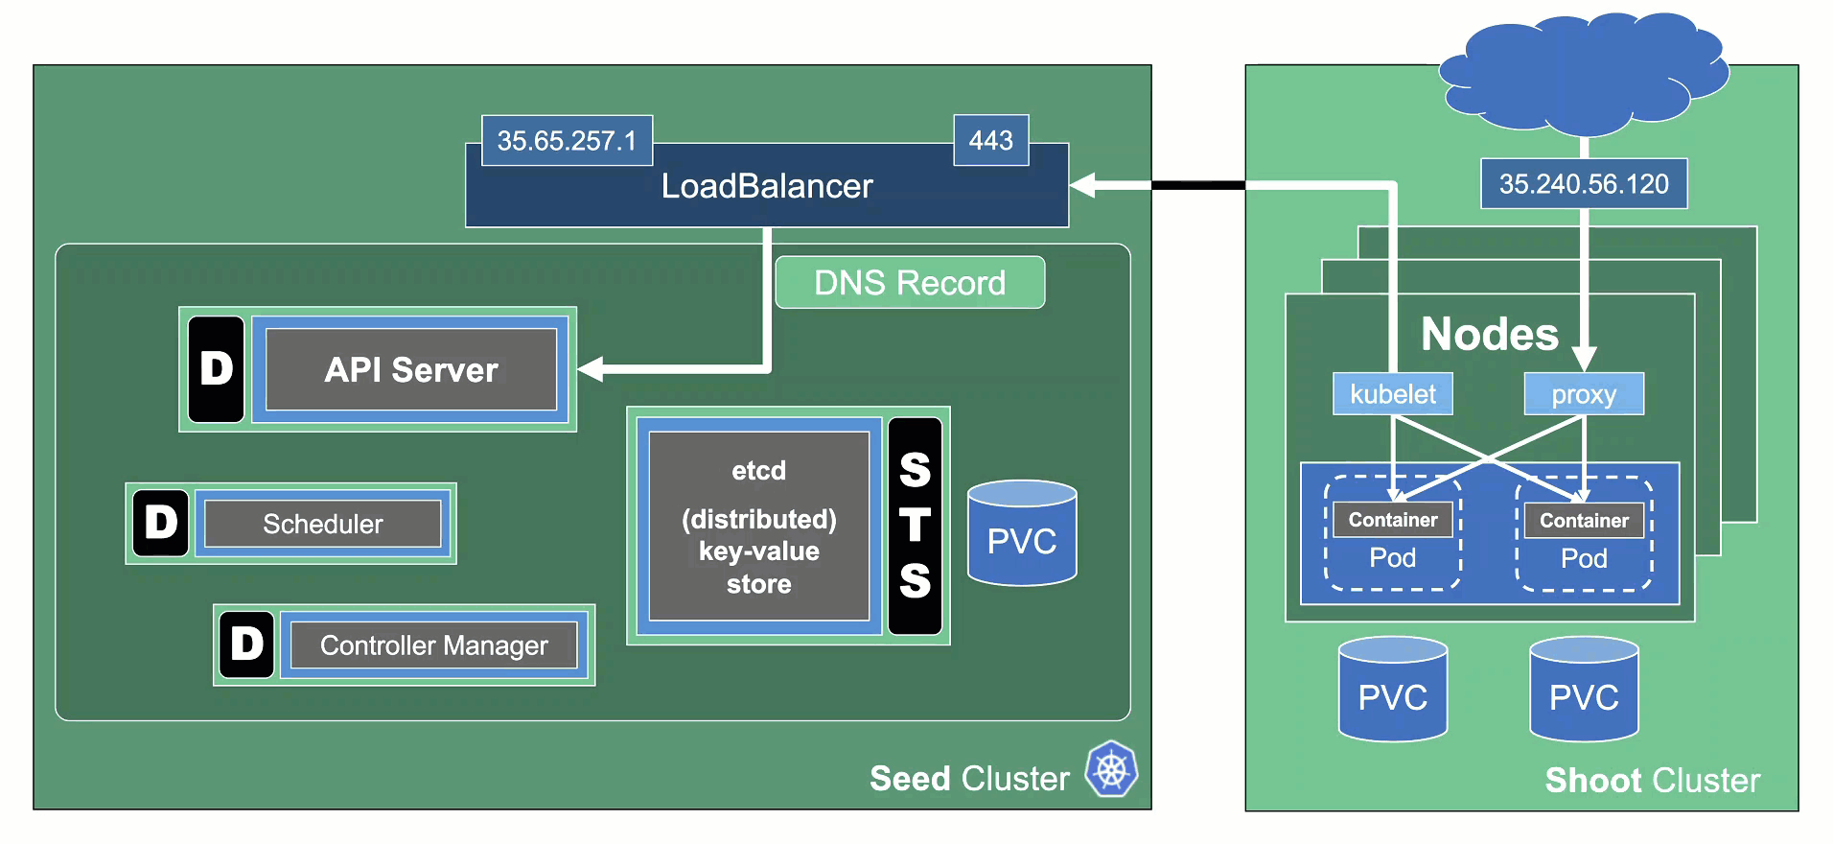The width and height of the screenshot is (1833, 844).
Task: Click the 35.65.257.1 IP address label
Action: click(x=567, y=141)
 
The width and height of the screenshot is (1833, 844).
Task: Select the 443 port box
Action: click(x=990, y=141)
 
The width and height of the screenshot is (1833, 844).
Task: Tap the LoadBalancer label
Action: click(x=767, y=186)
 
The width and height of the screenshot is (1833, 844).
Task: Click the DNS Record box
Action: click(x=910, y=283)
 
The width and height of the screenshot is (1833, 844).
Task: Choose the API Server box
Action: click(x=411, y=369)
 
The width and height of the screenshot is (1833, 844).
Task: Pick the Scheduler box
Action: click(x=322, y=524)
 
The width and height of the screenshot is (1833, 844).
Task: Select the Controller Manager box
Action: click(x=433, y=645)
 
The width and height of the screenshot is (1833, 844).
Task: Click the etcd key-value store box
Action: click(x=758, y=526)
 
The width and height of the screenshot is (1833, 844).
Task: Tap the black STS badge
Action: click(x=915, y=526)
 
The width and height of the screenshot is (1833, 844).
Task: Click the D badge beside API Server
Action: click(x=217, y=369)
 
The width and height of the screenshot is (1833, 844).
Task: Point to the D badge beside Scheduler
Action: click(x=161, y=523)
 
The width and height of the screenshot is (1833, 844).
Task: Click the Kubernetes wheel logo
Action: click(x=1111, y=769)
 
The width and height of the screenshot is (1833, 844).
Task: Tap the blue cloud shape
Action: click(x=1584, y=73)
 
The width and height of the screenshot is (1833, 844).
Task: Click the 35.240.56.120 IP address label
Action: click(x=1584, y=183)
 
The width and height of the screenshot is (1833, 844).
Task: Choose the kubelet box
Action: click(x=1392, y=394)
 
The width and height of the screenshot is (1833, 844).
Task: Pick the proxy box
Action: click(x=1584, y=394)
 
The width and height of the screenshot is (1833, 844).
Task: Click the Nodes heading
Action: click(x=1489, y=334)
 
